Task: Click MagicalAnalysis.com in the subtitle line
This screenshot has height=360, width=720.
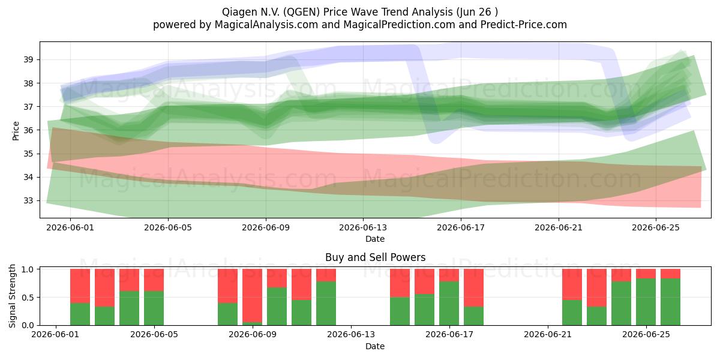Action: pyautogui.click(x=266, y=25)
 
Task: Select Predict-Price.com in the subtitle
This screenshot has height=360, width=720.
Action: pyautogui.click(x=524, y=25)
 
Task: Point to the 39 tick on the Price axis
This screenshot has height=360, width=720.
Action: pyautogui.click(x=28, y=60)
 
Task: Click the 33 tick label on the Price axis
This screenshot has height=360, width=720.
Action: pyautogui.click(x=28, y=201)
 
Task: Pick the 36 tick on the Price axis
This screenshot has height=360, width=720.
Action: pyautogui.click(x=28, y=130)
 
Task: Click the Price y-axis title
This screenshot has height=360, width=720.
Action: pyautogui.click(x=16, y=131)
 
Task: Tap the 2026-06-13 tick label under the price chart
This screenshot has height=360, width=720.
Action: pyautogui.click(x=363, y=227)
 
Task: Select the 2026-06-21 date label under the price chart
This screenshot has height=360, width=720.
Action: pyautogui.click(x=559, y=227)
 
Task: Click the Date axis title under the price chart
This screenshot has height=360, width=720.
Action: pyautogui.click(x=375, y=239)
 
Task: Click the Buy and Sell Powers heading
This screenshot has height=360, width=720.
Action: pyautogui.click(x=375, y=257)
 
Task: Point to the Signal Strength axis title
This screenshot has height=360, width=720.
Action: pyautogui.click(x=12, y=296)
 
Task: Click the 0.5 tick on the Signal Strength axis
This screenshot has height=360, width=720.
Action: pyautogui.click(x=28, y=298)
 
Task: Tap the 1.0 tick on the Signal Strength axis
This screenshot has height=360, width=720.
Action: pyautogui.click(x=28, y=269)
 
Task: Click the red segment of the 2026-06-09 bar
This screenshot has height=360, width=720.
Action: pyautogui.click(x=253, y=295)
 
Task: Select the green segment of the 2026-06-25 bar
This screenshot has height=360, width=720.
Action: pyautogui.click(x=646, y=302)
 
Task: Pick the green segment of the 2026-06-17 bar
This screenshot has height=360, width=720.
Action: pyautogui.click(x=449, y=304)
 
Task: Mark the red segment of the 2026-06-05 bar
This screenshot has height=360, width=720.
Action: pyautogui.click(x=154, y=280)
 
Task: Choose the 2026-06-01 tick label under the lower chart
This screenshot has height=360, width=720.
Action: pyautogui.click(x=56, y=335)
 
